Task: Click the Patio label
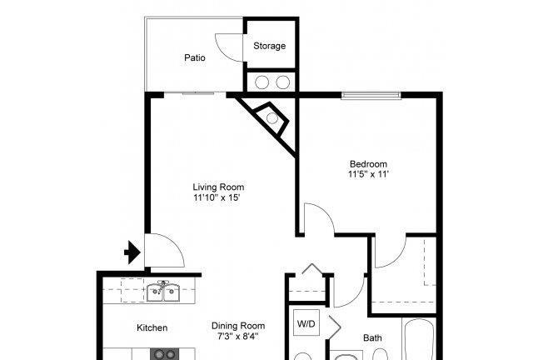[194, 57]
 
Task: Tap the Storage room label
[269, 46]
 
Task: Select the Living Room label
[218, 187]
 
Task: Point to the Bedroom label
[368, 164]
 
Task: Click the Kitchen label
[152, 327]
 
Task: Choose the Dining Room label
[238, 326]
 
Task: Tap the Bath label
[372, 337]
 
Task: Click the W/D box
[306, 322]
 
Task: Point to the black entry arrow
[132, 252]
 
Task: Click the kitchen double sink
[163, 292]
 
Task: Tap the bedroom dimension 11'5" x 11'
[368, 174]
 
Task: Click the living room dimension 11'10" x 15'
[217, 197]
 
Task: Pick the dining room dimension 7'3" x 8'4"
[238, 337]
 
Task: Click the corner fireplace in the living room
[271, 118]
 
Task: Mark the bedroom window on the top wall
[371, 95]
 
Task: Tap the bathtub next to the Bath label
[418, 339]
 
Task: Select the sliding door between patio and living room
[195, 93]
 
